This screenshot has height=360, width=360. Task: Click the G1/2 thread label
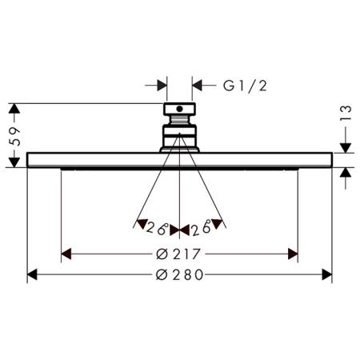[x=245, y=86]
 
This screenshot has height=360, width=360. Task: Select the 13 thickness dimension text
[x=346, y=114]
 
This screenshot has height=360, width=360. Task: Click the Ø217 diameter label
[x=178, y=254]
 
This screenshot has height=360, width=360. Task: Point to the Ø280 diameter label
[x=179, y=274]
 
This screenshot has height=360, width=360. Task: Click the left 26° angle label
[x=158, y=229]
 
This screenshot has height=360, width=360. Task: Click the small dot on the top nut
[x=180, y=109]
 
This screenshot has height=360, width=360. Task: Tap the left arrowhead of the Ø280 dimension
[x=32, y=274]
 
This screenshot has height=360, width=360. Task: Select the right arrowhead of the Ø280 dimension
[x=327, y=274]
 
